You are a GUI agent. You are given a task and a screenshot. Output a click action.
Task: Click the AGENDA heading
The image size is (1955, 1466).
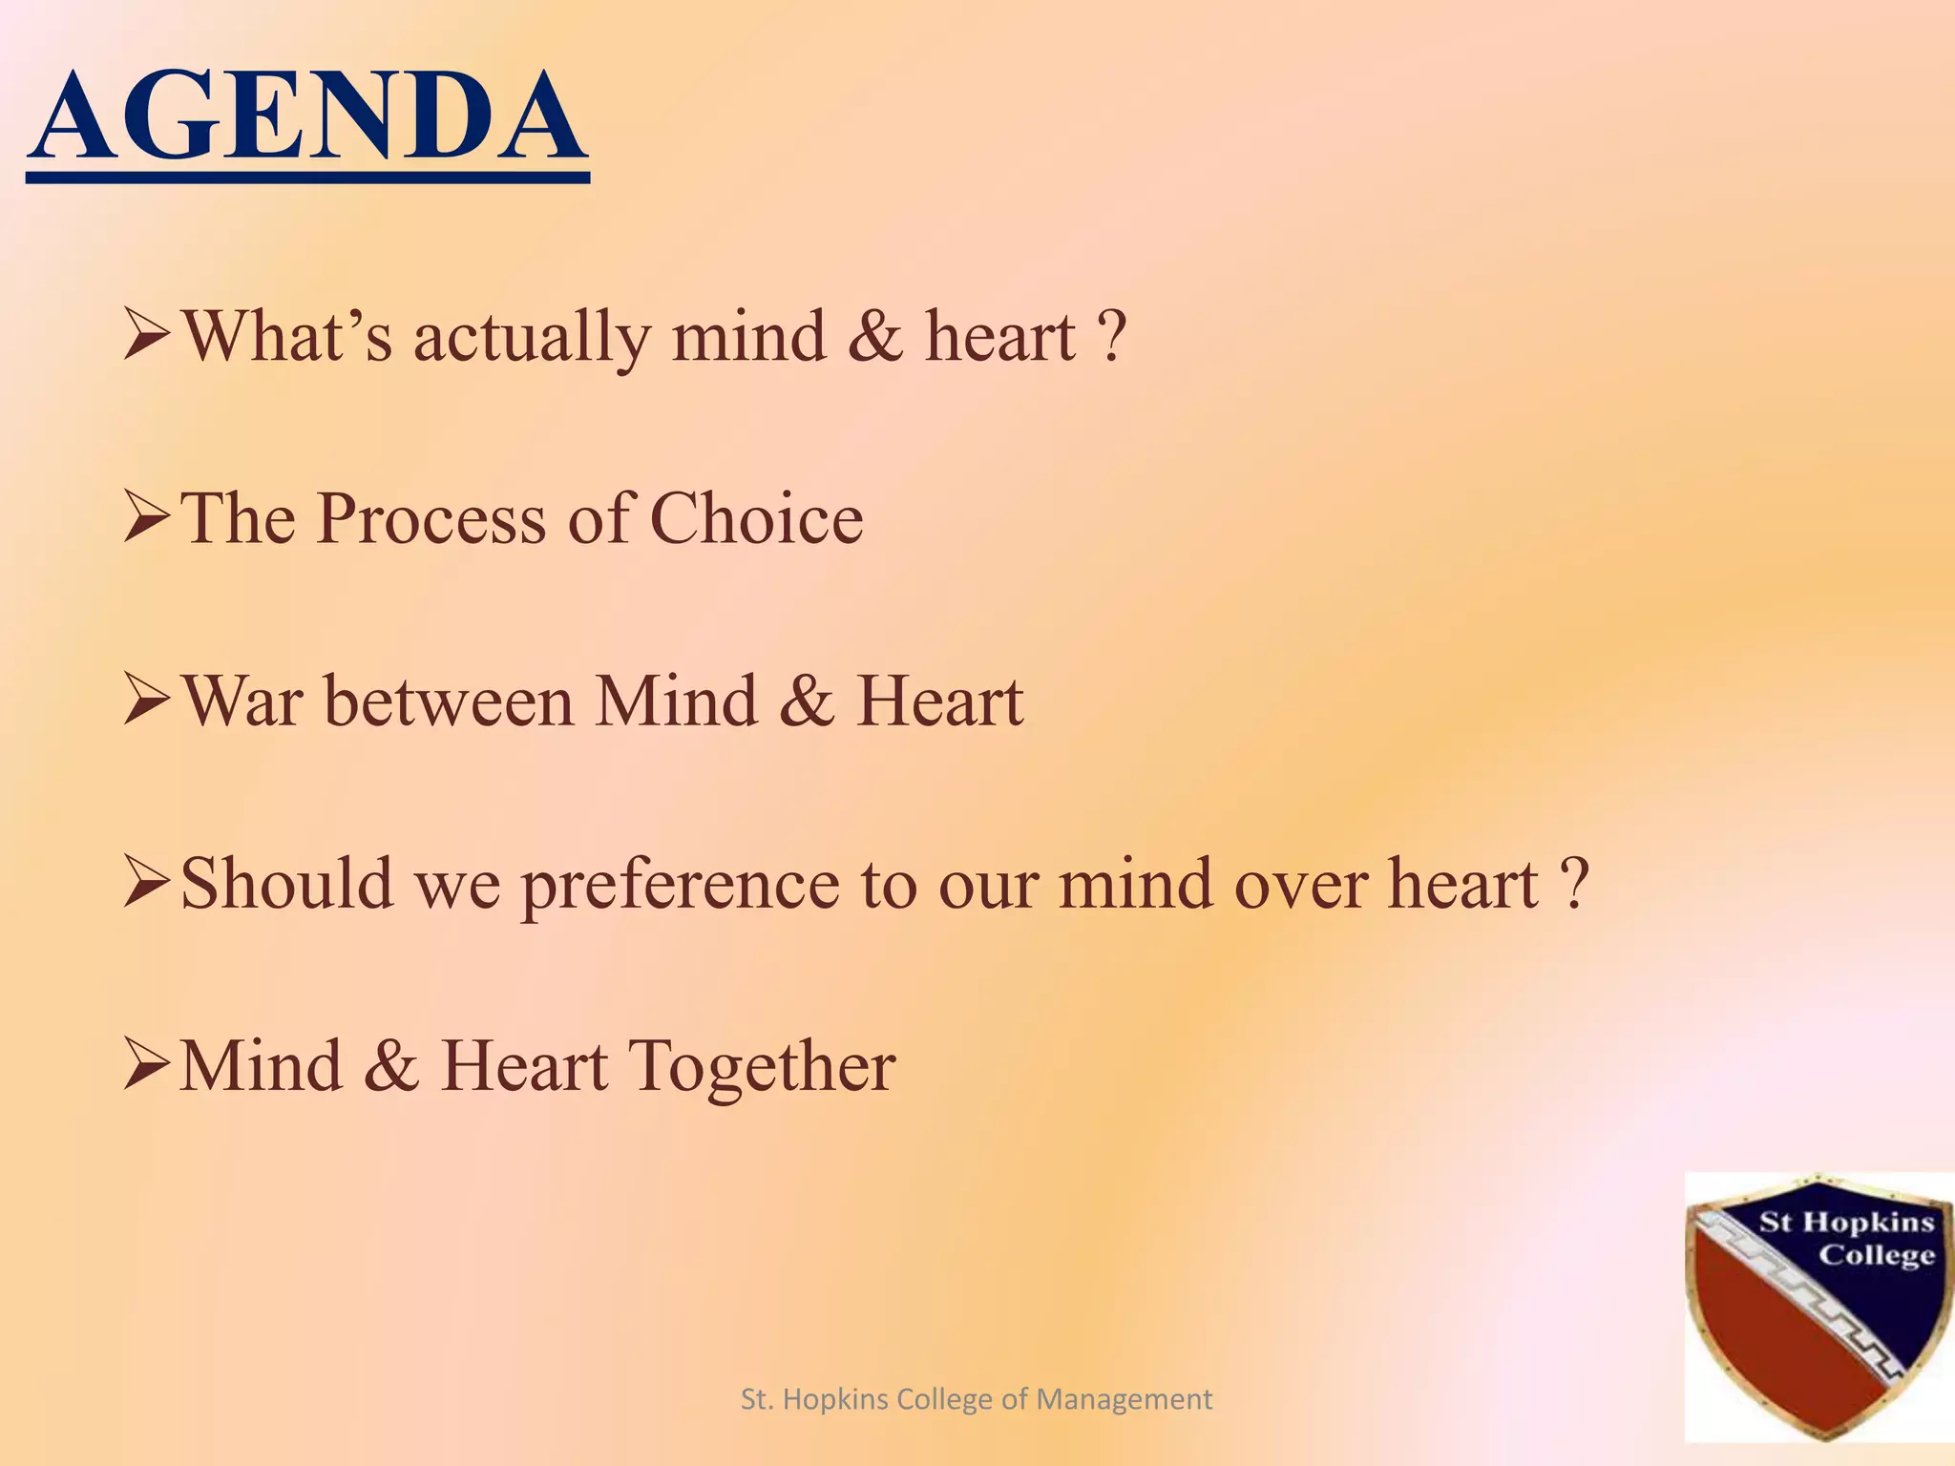[x=307, y=118]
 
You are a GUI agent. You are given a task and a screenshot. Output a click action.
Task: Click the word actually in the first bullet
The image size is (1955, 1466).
[x=531, y=340]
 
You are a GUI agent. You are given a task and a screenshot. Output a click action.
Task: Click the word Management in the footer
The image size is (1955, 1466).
[x=1124, y=1399]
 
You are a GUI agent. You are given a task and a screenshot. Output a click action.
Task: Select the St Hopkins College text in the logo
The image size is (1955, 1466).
[x=1846, y=1238]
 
